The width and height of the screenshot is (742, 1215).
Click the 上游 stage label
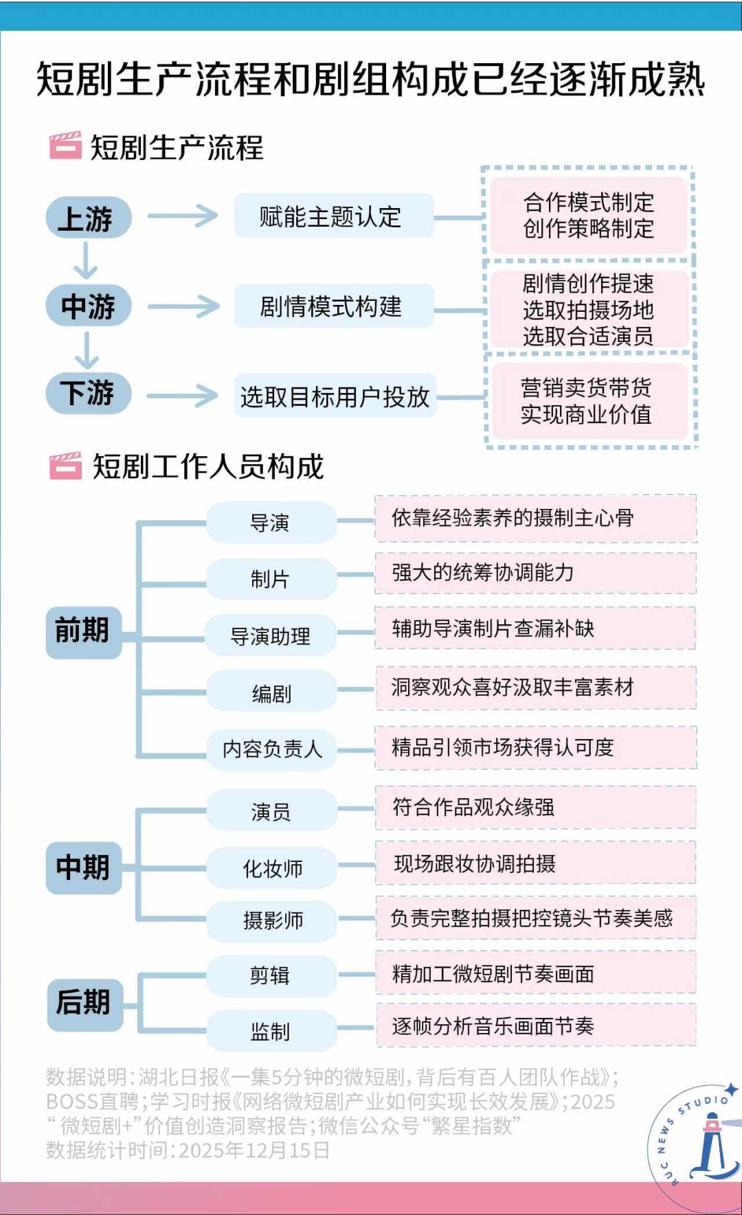pyautogui.click(x=88, y=218)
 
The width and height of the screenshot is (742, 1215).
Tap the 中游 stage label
pyautogui.click(x=88, y=306)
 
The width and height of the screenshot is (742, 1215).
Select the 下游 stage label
pyautogui.click(x=88, y=394)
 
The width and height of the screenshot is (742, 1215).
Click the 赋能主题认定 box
pyautogui.click(x=334, y=216)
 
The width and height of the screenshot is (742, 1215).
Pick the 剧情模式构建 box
pyautogui.click(x=334, y=306)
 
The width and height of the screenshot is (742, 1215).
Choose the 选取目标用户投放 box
pyautogui.click(x=335, y=396)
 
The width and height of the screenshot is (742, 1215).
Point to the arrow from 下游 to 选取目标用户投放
pyautogui.click(x=182, y=396)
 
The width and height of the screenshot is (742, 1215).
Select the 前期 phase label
pyautogui.click(x=83, y=631)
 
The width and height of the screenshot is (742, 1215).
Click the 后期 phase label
pyautogui.click(x=85, y=1002)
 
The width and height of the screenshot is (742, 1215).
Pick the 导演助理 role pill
pyautogui.click(x=271, y=636)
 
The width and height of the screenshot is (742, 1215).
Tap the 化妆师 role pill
pyautogui.click(x=272, y=868)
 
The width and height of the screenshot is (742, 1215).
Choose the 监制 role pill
pyautogui.click(x=271, y=1030)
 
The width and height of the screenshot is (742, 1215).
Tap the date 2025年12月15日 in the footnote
pyautogui.click(x=254, y=1150)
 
